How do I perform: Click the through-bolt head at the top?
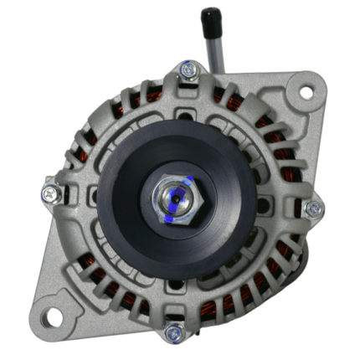tap(188, 70)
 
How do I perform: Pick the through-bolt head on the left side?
tap(50, 193)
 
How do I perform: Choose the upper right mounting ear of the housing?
tap(301, 92)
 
